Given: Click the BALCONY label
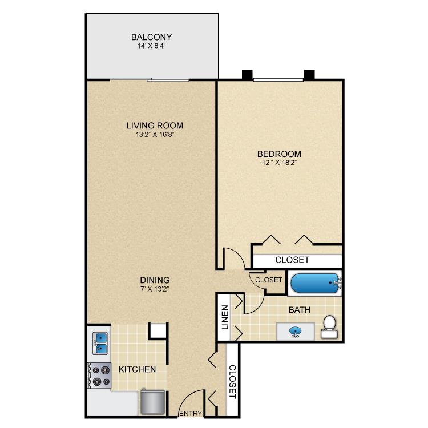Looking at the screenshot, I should point(152,37).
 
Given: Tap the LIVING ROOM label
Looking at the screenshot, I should point(155,126).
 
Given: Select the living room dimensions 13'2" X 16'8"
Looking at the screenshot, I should point(155,135).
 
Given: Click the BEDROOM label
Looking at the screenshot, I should point(279,154).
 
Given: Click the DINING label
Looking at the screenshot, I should point(155,280).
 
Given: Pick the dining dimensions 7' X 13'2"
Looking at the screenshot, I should point(155,289).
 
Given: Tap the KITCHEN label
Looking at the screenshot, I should point(137,369).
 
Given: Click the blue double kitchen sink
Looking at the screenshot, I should point(101,344).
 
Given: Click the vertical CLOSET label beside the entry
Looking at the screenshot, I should point(232,381).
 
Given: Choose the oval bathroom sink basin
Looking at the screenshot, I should point(296,330).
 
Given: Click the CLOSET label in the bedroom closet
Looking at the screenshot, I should point(292,260).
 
